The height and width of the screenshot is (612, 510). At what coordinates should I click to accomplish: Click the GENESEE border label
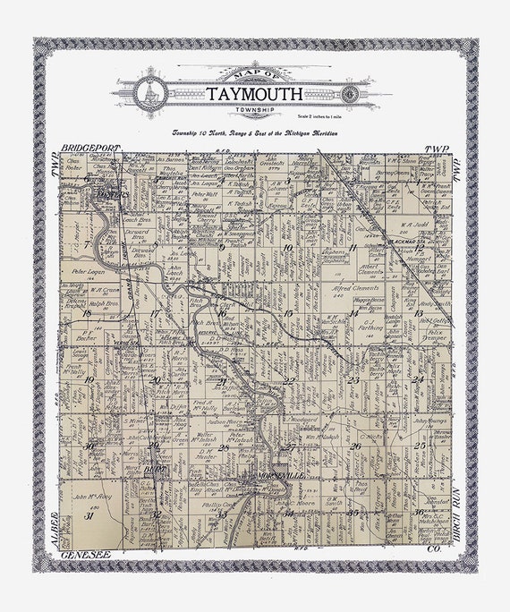pyautogui.click(x=86, y=555)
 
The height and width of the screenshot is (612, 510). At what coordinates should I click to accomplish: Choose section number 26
pyautogui.click(x=355, y=446)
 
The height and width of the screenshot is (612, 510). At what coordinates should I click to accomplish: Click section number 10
pyautogui.click(x=287, y=247)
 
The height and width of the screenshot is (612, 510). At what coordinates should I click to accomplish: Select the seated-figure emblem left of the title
pyautogui.click(x=149, y=93)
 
